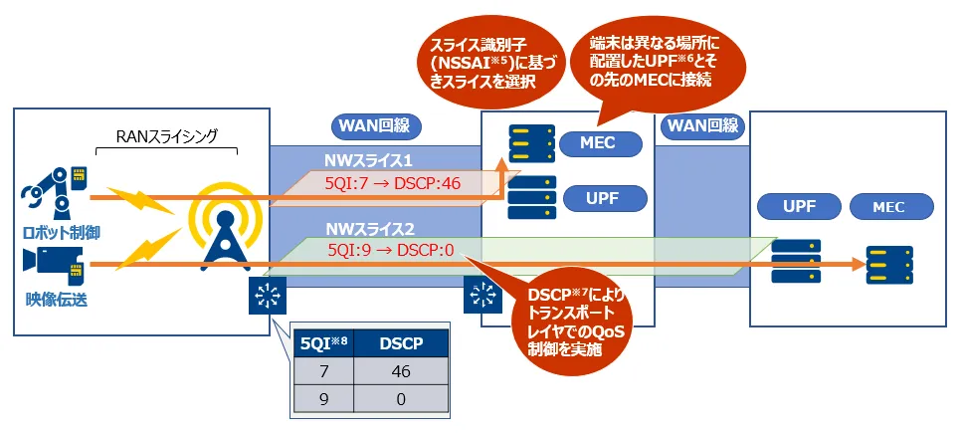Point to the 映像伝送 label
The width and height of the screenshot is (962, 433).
(x=58, y=298)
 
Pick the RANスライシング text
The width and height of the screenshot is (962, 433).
(x=167, y=134)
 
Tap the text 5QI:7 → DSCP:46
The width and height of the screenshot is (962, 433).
(x=391, y=184)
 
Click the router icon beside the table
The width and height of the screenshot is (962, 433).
(x=267, y=296)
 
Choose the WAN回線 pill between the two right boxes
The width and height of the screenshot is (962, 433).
(x=702, y=126)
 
